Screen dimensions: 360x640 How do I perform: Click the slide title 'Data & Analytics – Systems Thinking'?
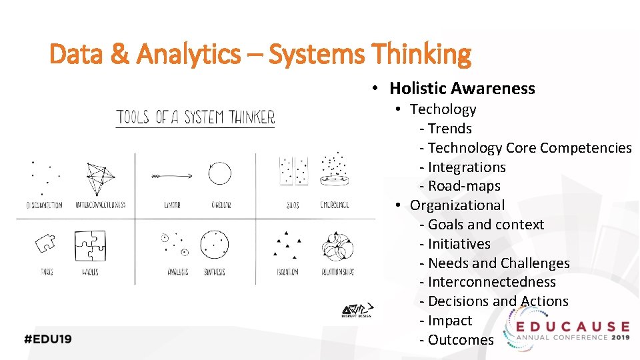pos(260,54)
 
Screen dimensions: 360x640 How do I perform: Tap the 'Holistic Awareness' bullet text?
pos(462,89)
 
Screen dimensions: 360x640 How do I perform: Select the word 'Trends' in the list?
pos(450,129)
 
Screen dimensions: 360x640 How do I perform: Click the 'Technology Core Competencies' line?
pos(529,148)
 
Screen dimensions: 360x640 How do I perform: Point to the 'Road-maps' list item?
pos(464,186)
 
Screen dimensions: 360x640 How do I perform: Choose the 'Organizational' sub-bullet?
pos(457,205)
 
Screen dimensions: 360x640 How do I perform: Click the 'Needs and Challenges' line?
pos(499,263)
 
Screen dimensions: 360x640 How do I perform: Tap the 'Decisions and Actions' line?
pos(498,301)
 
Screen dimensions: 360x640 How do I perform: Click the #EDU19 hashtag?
pos(48,339)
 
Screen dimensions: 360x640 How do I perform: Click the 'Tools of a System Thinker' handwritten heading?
pos(195,119)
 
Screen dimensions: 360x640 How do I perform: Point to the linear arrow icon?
pos(172,176)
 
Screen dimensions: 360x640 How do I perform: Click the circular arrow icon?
pos(219,173)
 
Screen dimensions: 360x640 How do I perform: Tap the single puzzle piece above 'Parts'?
pos(45,244)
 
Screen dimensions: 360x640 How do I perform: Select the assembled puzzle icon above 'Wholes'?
pos(90,246)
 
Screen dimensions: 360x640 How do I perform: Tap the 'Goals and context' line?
pos(486,225)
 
